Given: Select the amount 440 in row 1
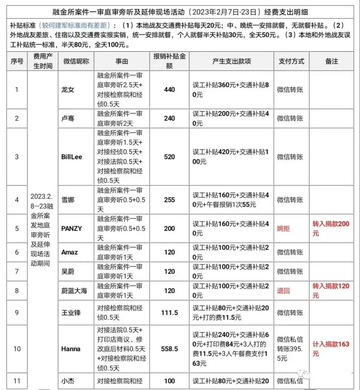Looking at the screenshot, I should pyautogui.click(x=169, y=90).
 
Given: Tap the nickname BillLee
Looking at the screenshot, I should pyautogui.click(x=72, y=157).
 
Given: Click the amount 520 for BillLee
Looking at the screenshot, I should pyautogui.click(x=169, y=157).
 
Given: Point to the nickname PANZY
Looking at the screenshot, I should pyautogui.click(x=72, y=229).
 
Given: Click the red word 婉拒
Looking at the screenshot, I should pyautogui.click(x=283, y=229).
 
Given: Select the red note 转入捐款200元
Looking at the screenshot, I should pyautogui.click(x=331, y=228).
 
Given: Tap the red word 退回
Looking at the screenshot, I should pyautogui.click(x=283, y=291).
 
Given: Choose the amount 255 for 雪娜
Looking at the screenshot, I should pyautogui.click(x=169, y=200).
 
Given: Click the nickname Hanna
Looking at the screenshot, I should pyautogui.click(x=71, y=349).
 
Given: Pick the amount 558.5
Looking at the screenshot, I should pyautogui.click(x=169, y=349).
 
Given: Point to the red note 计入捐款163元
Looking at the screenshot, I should pyautogui.click(x=331, y=348).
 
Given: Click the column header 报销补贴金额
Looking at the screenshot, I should pyautogui.click(x=169, y=61).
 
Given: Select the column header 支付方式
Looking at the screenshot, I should pyautogui.click(x=291, y=61).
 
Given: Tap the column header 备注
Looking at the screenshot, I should pyautogui.click(x=332, y=61).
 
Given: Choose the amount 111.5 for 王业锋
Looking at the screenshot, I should pyautogui.click(x=169, y=313).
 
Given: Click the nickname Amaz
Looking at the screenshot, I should pyautogui.click(x=70, y=252).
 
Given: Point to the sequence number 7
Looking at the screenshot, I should pyautogui.click(x=17, y=272).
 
